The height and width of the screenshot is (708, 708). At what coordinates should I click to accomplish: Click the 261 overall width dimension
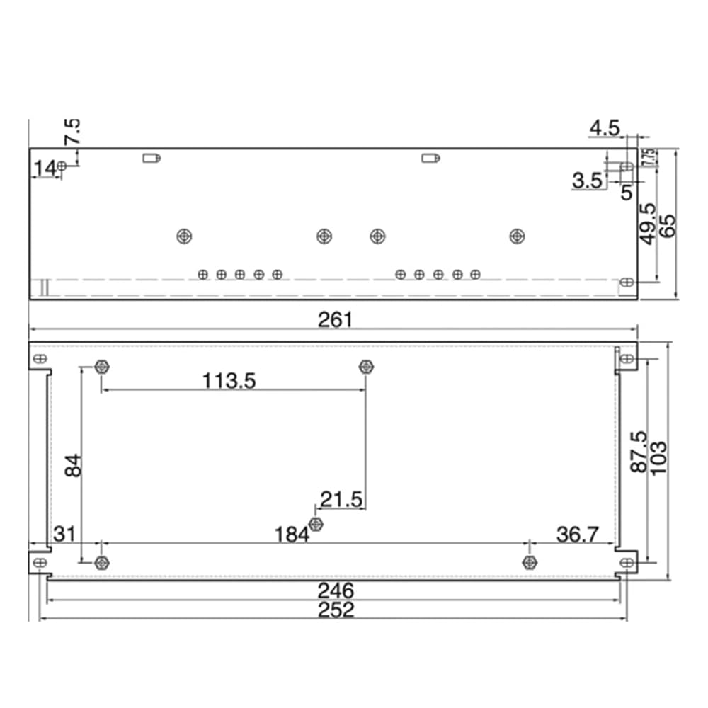335,320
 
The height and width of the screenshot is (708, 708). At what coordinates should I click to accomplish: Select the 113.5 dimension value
229,381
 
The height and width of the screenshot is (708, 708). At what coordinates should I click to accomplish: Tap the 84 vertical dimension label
73,466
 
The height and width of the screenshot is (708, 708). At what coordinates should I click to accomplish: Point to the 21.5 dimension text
341,499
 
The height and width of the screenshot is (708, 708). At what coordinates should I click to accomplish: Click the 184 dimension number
292,535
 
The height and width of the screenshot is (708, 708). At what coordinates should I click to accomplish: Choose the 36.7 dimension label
578,535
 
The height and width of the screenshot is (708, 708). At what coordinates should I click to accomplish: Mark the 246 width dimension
336,590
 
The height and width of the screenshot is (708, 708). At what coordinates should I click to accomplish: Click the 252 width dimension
336,610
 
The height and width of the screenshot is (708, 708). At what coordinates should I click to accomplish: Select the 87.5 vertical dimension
639,452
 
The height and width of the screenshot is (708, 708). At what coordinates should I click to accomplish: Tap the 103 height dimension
658,458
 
